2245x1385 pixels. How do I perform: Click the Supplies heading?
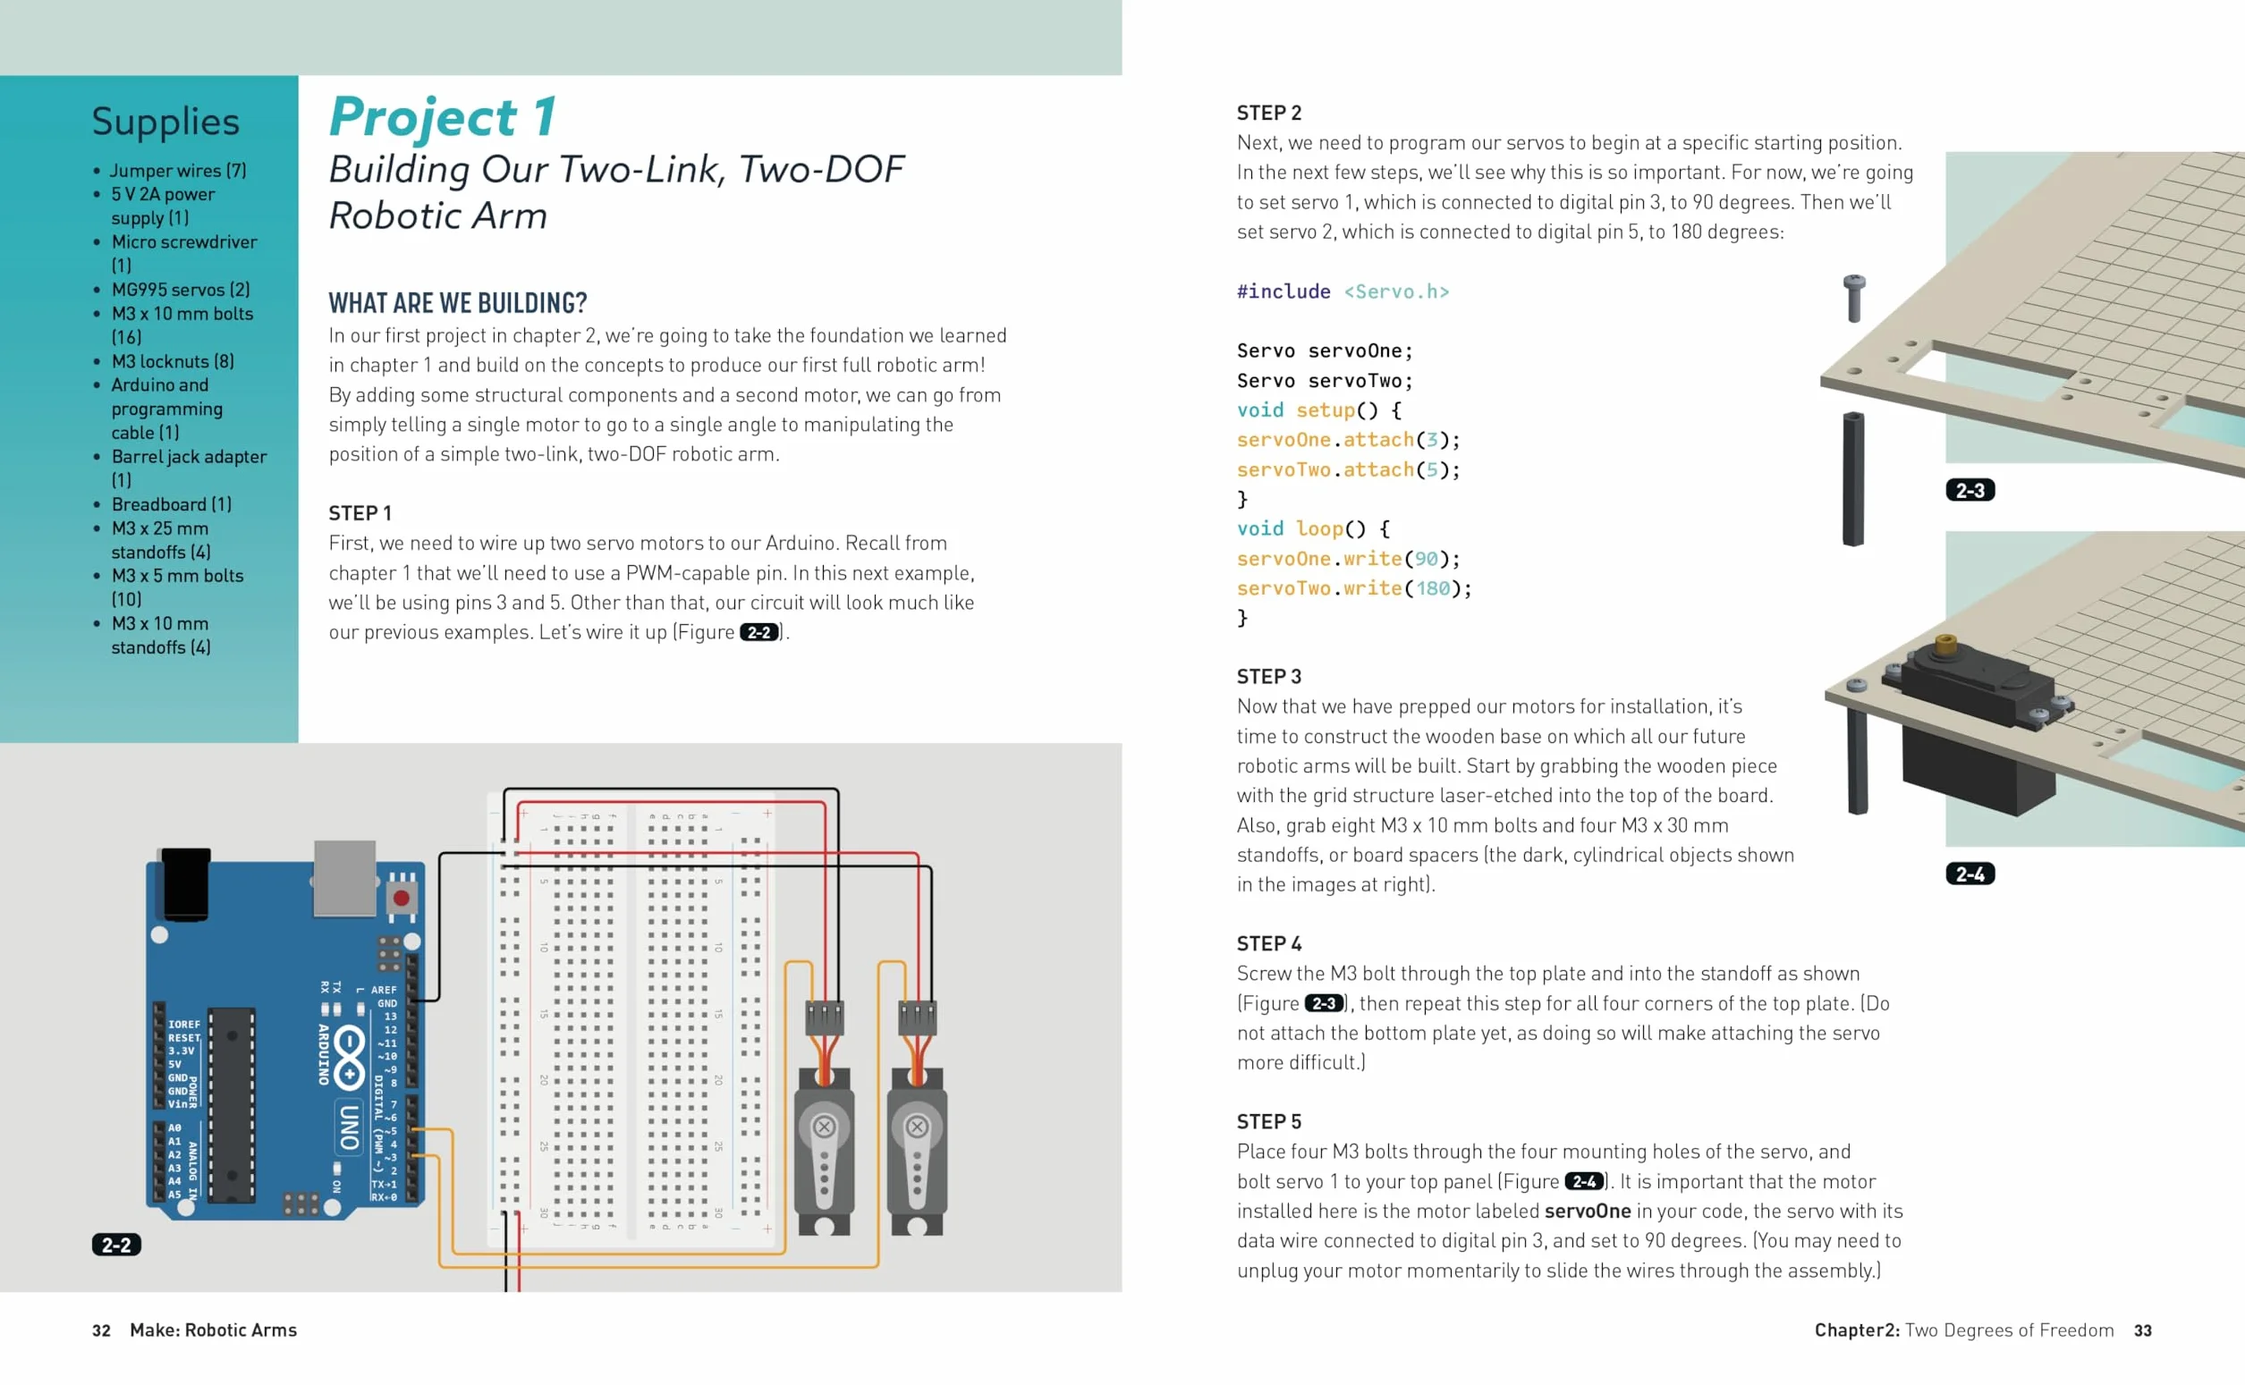pyautogui.click(x=165, y=122)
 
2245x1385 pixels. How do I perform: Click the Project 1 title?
pyautogui.click(x=442, y=117)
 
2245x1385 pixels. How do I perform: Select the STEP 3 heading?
pyautogui.click(x=1268, y=676)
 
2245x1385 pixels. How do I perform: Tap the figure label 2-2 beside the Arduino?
pyautogui.click(x=116, y=1244)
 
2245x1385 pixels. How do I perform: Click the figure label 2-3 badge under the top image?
pyautogui.click(x=1970, y=490)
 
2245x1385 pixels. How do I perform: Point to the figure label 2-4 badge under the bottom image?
pyautogui.click(x=1970, y=874)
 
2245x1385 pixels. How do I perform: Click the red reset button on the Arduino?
pyautogui.click(x=401, y=899)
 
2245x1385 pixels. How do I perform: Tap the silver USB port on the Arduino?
pyautogui.click(x=344, y=877)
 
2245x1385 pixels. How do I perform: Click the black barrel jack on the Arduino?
pyautogui.click(x=186, y=883)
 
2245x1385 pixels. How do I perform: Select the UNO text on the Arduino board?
pyautogui.click(x=349, y=1127)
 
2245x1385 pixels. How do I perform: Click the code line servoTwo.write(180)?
pyautogui.click(x=1353, y=588)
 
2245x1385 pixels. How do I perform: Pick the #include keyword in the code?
pyautogui.click(x=1283, y=291)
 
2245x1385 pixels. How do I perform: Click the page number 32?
pyautogui.click(x=101, y=1330)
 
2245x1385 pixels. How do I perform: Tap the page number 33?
pyautogui.click(x=2142, y=1330)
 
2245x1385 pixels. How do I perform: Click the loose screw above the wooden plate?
pyautogui.click(x=1854, y=298)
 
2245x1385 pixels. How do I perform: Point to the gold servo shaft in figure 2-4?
pyautogui.click(x=1946, y=643)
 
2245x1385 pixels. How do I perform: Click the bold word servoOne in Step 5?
pyautogui.click(x=1587, y=1211)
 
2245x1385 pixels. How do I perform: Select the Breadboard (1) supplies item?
pyautogui.click(x=172, y=503)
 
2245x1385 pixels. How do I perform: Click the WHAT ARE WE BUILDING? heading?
pyautogui.click(x=457, y=302)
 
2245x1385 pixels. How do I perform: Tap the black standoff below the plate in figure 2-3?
pyautogui.click(x=1853, y=479)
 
